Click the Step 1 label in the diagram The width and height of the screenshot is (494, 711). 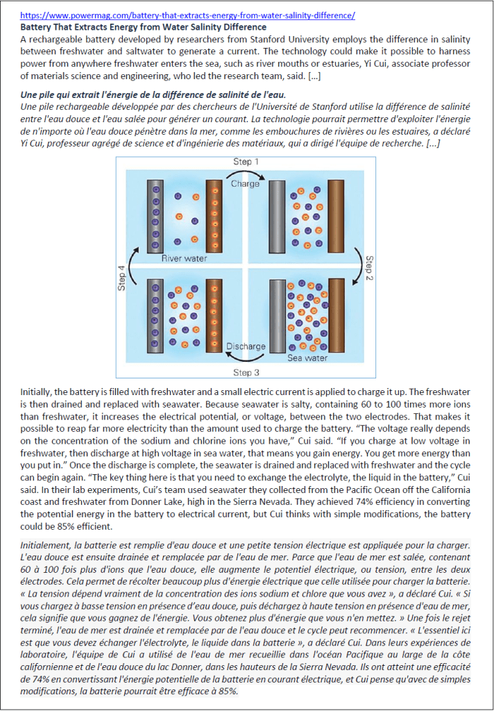pos(247,162)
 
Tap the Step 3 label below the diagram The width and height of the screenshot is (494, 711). pos(247,372)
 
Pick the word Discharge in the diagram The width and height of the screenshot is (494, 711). pos(246,346)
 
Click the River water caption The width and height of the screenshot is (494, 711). pos(185,258)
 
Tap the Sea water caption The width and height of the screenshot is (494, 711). pos(307,358)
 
